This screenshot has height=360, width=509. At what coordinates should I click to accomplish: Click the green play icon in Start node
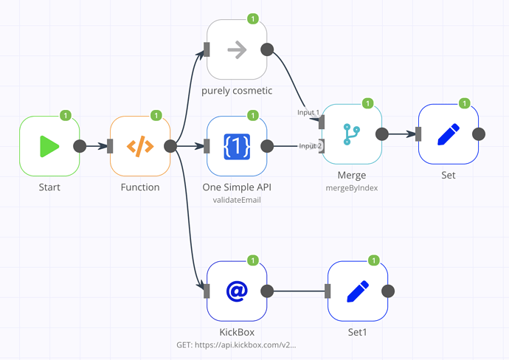(x=49, y=146)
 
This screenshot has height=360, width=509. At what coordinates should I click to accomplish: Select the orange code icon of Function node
(x=140, y=146)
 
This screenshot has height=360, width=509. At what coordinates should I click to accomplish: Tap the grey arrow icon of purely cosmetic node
(x=237, y=50)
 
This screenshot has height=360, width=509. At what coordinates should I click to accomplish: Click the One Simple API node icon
(x=236, y=146)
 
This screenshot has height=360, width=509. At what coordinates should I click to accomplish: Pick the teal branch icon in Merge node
(x=351, y=134)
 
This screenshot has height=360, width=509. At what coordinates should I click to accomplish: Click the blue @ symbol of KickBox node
(x=236, y=291)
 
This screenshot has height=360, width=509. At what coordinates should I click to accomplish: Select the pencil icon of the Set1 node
(x=357, y=291)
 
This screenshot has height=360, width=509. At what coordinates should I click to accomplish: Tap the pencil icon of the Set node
(x=448, y=134)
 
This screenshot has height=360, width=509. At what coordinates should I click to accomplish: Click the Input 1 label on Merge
(x=308, y=112)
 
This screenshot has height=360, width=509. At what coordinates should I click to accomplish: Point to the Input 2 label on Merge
(x=310, y=146)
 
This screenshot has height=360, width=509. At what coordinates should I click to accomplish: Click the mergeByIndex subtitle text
(x=351, y=188)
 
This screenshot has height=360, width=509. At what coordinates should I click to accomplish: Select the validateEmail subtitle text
(x=236, y=200)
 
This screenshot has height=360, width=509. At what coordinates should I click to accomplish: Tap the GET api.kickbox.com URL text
(x=236, y=345)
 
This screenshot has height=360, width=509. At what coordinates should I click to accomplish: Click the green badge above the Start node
(x=65, y=115)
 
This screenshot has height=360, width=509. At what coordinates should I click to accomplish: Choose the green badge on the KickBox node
(x=252, y=260)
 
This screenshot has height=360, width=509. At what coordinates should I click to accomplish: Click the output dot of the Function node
(x=170, y=146)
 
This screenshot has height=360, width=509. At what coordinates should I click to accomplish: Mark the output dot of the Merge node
(x=382, y=134)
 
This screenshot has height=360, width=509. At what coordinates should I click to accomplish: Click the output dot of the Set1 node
(x=388, y=291)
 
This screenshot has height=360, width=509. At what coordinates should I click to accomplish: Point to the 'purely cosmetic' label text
(x=236, y=91)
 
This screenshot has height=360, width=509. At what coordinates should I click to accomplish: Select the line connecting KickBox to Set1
(x=299, y=291)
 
